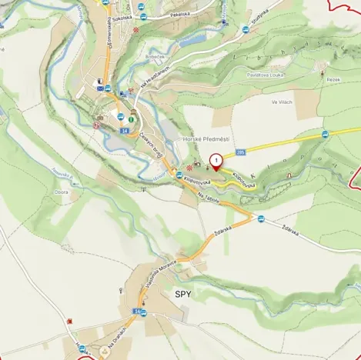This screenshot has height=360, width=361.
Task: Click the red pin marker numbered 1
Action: pos(216,161)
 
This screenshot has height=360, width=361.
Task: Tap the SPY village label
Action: pos(182,294)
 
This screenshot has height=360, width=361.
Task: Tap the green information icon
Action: pos(132,119)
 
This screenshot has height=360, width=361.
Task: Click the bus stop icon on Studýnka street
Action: pos(246,29)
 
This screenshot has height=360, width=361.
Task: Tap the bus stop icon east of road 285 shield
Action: pos(326,135)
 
